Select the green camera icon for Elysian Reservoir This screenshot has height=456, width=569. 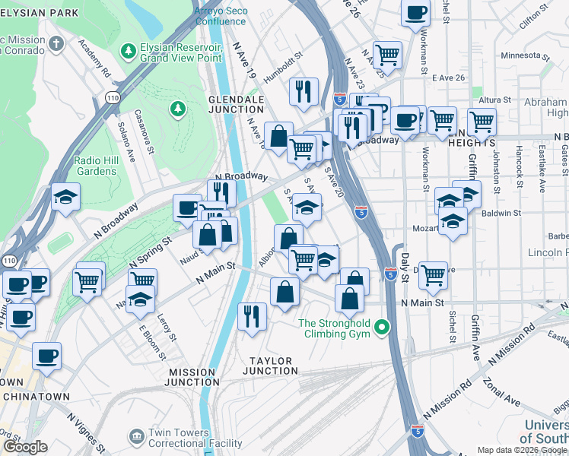tap(128, 51)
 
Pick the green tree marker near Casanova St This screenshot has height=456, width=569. tap(179, 110)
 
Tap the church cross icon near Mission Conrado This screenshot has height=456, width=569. tap(56, 44)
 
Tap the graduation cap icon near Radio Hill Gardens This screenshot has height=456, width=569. tap(66, 197)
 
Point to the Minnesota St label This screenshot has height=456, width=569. tap(525, 56)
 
